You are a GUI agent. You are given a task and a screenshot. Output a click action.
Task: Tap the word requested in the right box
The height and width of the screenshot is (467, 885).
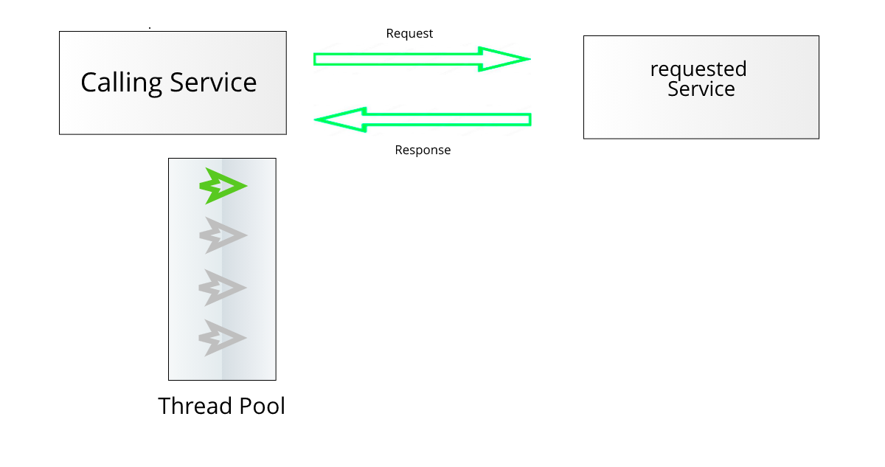(698, 70)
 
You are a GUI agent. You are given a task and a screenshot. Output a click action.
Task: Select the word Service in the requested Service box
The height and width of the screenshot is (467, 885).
(701, 89)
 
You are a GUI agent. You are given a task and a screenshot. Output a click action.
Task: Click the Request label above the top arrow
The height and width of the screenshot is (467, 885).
(409, 34)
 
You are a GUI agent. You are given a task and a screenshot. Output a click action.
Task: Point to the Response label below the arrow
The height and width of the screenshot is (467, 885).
(423, 151)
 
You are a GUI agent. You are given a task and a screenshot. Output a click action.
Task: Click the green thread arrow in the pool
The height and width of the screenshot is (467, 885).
(222, 186)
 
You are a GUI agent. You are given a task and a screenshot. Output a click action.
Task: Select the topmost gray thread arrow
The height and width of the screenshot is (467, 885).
(222, 236)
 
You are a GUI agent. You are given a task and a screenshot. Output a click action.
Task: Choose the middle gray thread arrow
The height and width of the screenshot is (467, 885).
(222, 288)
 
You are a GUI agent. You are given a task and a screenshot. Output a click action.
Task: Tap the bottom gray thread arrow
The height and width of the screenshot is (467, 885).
(222, 338)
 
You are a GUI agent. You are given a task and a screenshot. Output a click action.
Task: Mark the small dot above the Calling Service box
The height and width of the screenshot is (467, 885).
(150, 28)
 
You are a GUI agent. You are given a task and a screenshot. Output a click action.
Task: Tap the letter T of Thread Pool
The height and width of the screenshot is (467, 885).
(164, 407)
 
